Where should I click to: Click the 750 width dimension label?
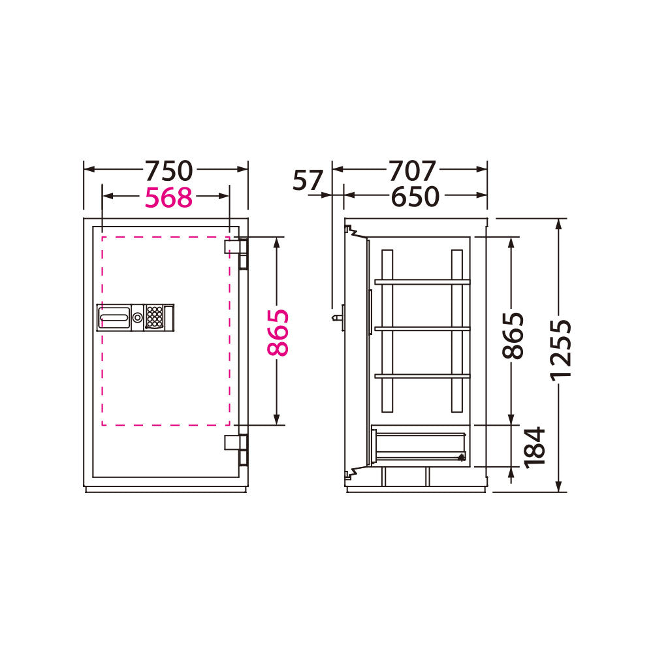point(168,170)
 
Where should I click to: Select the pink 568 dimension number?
point(168,197)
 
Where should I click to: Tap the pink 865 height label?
point(278,332)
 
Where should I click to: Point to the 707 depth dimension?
point(412,170)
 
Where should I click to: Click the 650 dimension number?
point(415,197)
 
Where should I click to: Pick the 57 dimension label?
point(308,180)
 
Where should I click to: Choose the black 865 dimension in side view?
point(513,335)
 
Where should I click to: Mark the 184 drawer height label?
point(535,447)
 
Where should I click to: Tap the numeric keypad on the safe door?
point(154,317)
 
